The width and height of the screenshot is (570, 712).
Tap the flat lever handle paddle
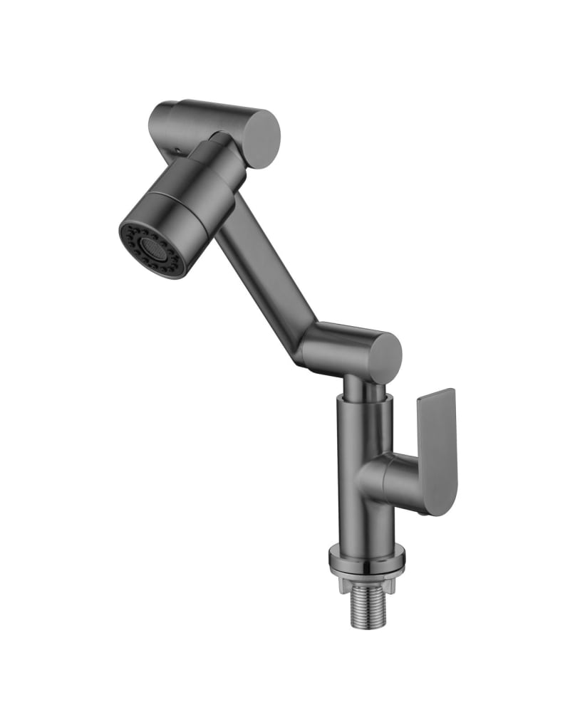pos(436,449)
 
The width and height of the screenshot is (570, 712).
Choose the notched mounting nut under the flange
pos(368,575)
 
